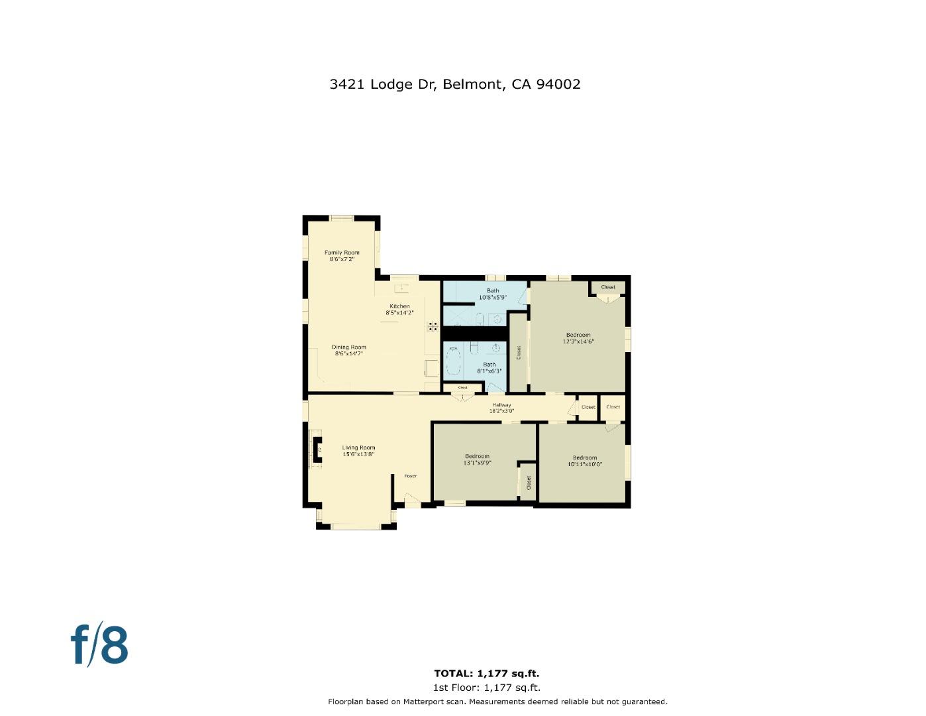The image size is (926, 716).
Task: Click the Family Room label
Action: [342, 256]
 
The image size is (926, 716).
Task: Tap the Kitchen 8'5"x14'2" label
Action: [399, 310]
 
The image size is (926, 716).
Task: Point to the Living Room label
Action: [358, 451]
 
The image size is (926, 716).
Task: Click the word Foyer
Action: [411, 476]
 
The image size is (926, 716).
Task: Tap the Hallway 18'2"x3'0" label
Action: [501, 408]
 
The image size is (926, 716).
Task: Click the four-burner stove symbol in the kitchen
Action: [433, 326]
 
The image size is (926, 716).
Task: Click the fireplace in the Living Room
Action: [317, 451]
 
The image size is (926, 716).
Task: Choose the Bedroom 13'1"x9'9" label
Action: [477, 459]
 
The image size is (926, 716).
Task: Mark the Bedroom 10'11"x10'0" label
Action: [585, 461]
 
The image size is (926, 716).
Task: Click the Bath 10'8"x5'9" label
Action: [493, 294]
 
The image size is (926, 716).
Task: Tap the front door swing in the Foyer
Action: [411, 499]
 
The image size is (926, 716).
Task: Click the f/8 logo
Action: [99, 644]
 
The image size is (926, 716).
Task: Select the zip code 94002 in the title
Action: [558, 84]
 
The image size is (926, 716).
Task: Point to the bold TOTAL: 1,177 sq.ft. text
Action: [487, 674]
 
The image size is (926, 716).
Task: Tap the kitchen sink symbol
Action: [401, 288]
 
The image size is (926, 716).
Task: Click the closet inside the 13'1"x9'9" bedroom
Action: [529, 482]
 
